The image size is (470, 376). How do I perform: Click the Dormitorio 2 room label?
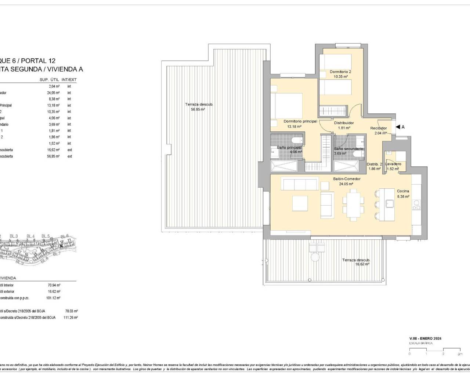(x=340, y=72)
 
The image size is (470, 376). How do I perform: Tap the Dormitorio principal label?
(x=300, y=121)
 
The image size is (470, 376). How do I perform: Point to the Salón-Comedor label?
(x=347, y=179)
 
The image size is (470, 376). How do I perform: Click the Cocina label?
(x=403, y=191)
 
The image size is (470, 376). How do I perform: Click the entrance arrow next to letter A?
(x=398, y=127)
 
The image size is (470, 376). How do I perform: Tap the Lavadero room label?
(x=393, y=164)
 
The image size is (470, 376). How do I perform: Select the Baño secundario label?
(x=348, y=149)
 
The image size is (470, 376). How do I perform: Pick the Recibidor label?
(x=378, y=128)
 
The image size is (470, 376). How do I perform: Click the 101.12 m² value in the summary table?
(x=54, y=298)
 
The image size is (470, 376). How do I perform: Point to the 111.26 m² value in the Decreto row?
(x=71, y=318)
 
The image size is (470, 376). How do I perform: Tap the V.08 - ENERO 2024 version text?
(x=425, y=339)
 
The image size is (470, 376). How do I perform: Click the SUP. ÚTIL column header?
(x=49, y=80)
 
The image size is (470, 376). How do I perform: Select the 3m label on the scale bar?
(x=460, y=354)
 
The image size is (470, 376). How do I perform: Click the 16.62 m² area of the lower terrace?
(x=362, y=264)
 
